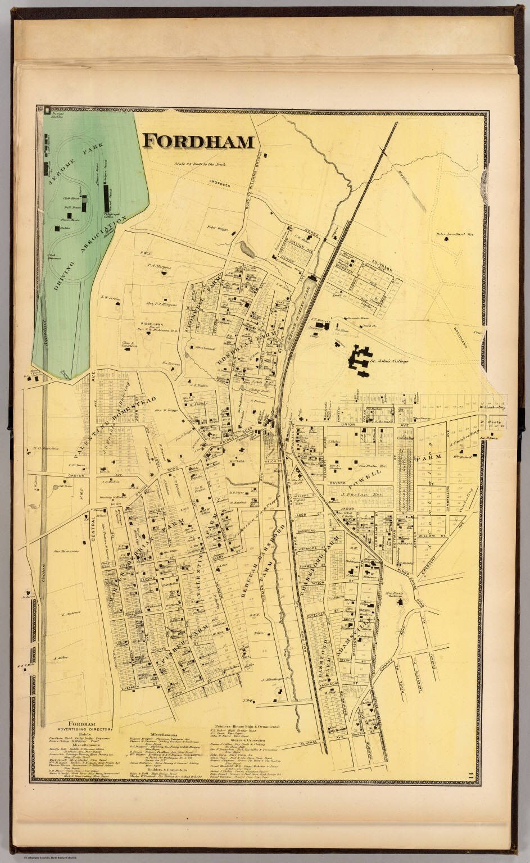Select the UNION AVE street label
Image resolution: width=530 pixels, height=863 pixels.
(x=407, y=419)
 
